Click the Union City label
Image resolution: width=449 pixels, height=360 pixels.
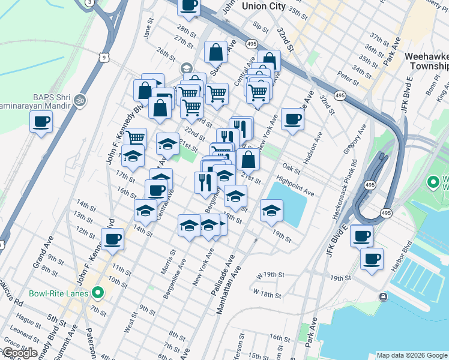263,6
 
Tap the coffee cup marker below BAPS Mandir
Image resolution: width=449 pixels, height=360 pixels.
41,122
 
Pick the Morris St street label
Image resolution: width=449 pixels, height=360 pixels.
167,262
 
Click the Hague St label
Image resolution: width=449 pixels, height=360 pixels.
28,322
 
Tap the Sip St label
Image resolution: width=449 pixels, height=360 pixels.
260,26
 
